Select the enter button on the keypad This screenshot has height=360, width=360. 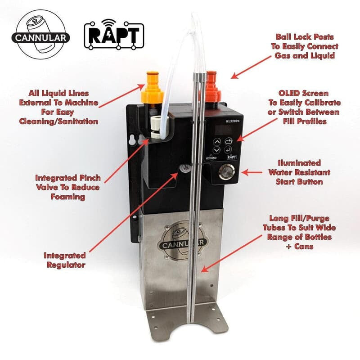(x=229, y=150)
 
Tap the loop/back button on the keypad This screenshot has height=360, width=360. (x=229, y=141)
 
